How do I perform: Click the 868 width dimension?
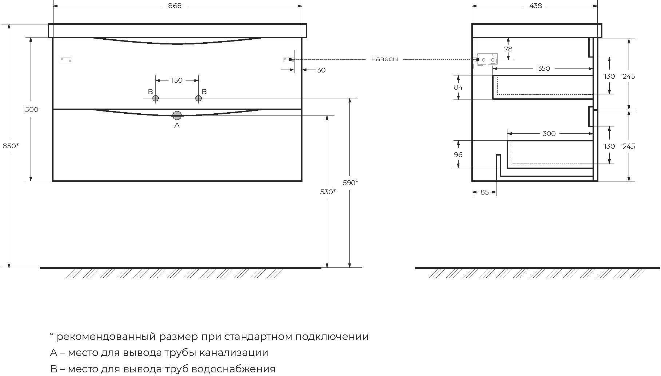click(x=175, y=6)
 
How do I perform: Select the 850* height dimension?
click(x=10, y=146)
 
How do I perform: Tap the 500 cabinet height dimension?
click(x=32, y=109)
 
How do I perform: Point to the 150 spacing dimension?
click(x=177, y=80)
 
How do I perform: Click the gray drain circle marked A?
click(x=177, y=115)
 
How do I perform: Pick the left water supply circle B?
click(x=155, y=98)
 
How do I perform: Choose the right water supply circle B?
click(x=198, y=98)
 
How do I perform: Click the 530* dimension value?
click(x=328, y=192)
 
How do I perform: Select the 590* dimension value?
click(x=350, y=183)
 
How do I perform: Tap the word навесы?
click(x=384, y=59)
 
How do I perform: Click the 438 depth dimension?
click(x=535, y=6)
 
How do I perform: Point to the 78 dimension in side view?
click(x=508, y=49)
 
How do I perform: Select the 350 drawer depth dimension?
click(x=544, y=68)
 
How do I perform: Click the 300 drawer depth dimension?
click(x=549, y=133)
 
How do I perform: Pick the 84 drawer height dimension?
click(x=458, y=87)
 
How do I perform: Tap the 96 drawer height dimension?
click(x=458, y=154)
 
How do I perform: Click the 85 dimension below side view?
click(x=484, y=192)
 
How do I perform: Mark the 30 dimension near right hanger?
click(x=321, y=70)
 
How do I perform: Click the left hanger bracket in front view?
click(x=66, y=60)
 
